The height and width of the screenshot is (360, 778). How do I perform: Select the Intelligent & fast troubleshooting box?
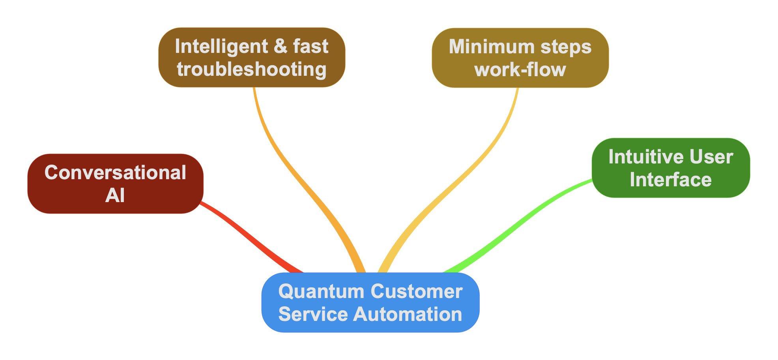coord(252,57)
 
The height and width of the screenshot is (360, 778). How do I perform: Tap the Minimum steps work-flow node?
coord(520,58)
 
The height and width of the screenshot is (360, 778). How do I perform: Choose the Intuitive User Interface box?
coord(671,168)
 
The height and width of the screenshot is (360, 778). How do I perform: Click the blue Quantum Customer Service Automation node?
coord(370,302)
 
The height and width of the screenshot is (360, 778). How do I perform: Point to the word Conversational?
coord(115,172)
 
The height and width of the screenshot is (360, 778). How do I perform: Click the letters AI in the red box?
coord(115,195)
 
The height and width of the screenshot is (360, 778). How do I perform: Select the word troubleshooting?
coord(252,69)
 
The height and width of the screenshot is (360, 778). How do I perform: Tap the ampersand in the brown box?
coord(281,46)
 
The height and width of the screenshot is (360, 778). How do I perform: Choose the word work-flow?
coord(520,70)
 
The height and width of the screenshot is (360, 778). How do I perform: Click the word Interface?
coord(671,180)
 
